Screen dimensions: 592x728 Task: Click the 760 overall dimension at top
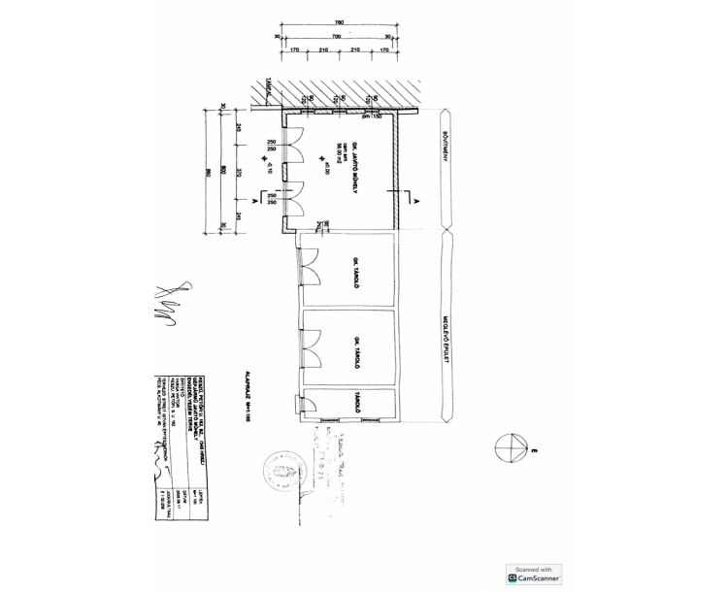339,22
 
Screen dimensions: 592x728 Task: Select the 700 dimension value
335,36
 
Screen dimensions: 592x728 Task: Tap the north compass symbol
510,449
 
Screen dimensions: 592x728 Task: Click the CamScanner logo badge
534,574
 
